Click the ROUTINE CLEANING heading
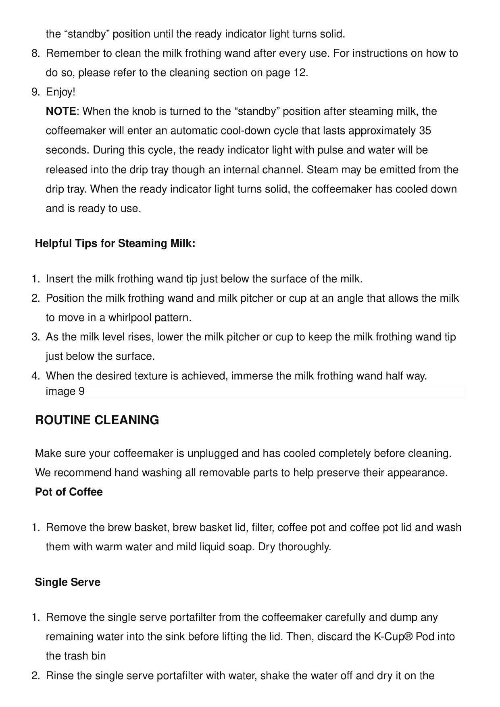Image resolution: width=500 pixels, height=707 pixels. (97, 420)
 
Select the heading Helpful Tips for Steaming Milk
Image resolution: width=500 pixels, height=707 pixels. (115, 244)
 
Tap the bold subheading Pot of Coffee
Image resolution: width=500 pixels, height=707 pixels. (69, 492)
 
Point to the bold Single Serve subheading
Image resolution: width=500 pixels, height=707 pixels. (67, 583)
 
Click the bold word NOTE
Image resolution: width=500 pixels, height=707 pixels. (61, 112)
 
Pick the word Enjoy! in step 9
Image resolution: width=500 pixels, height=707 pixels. (60, 92)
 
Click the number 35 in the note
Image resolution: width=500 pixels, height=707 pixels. (425, 131)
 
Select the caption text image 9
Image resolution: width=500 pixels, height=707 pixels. (65, 392)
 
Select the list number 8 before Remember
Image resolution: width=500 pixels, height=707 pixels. (35, 54)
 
